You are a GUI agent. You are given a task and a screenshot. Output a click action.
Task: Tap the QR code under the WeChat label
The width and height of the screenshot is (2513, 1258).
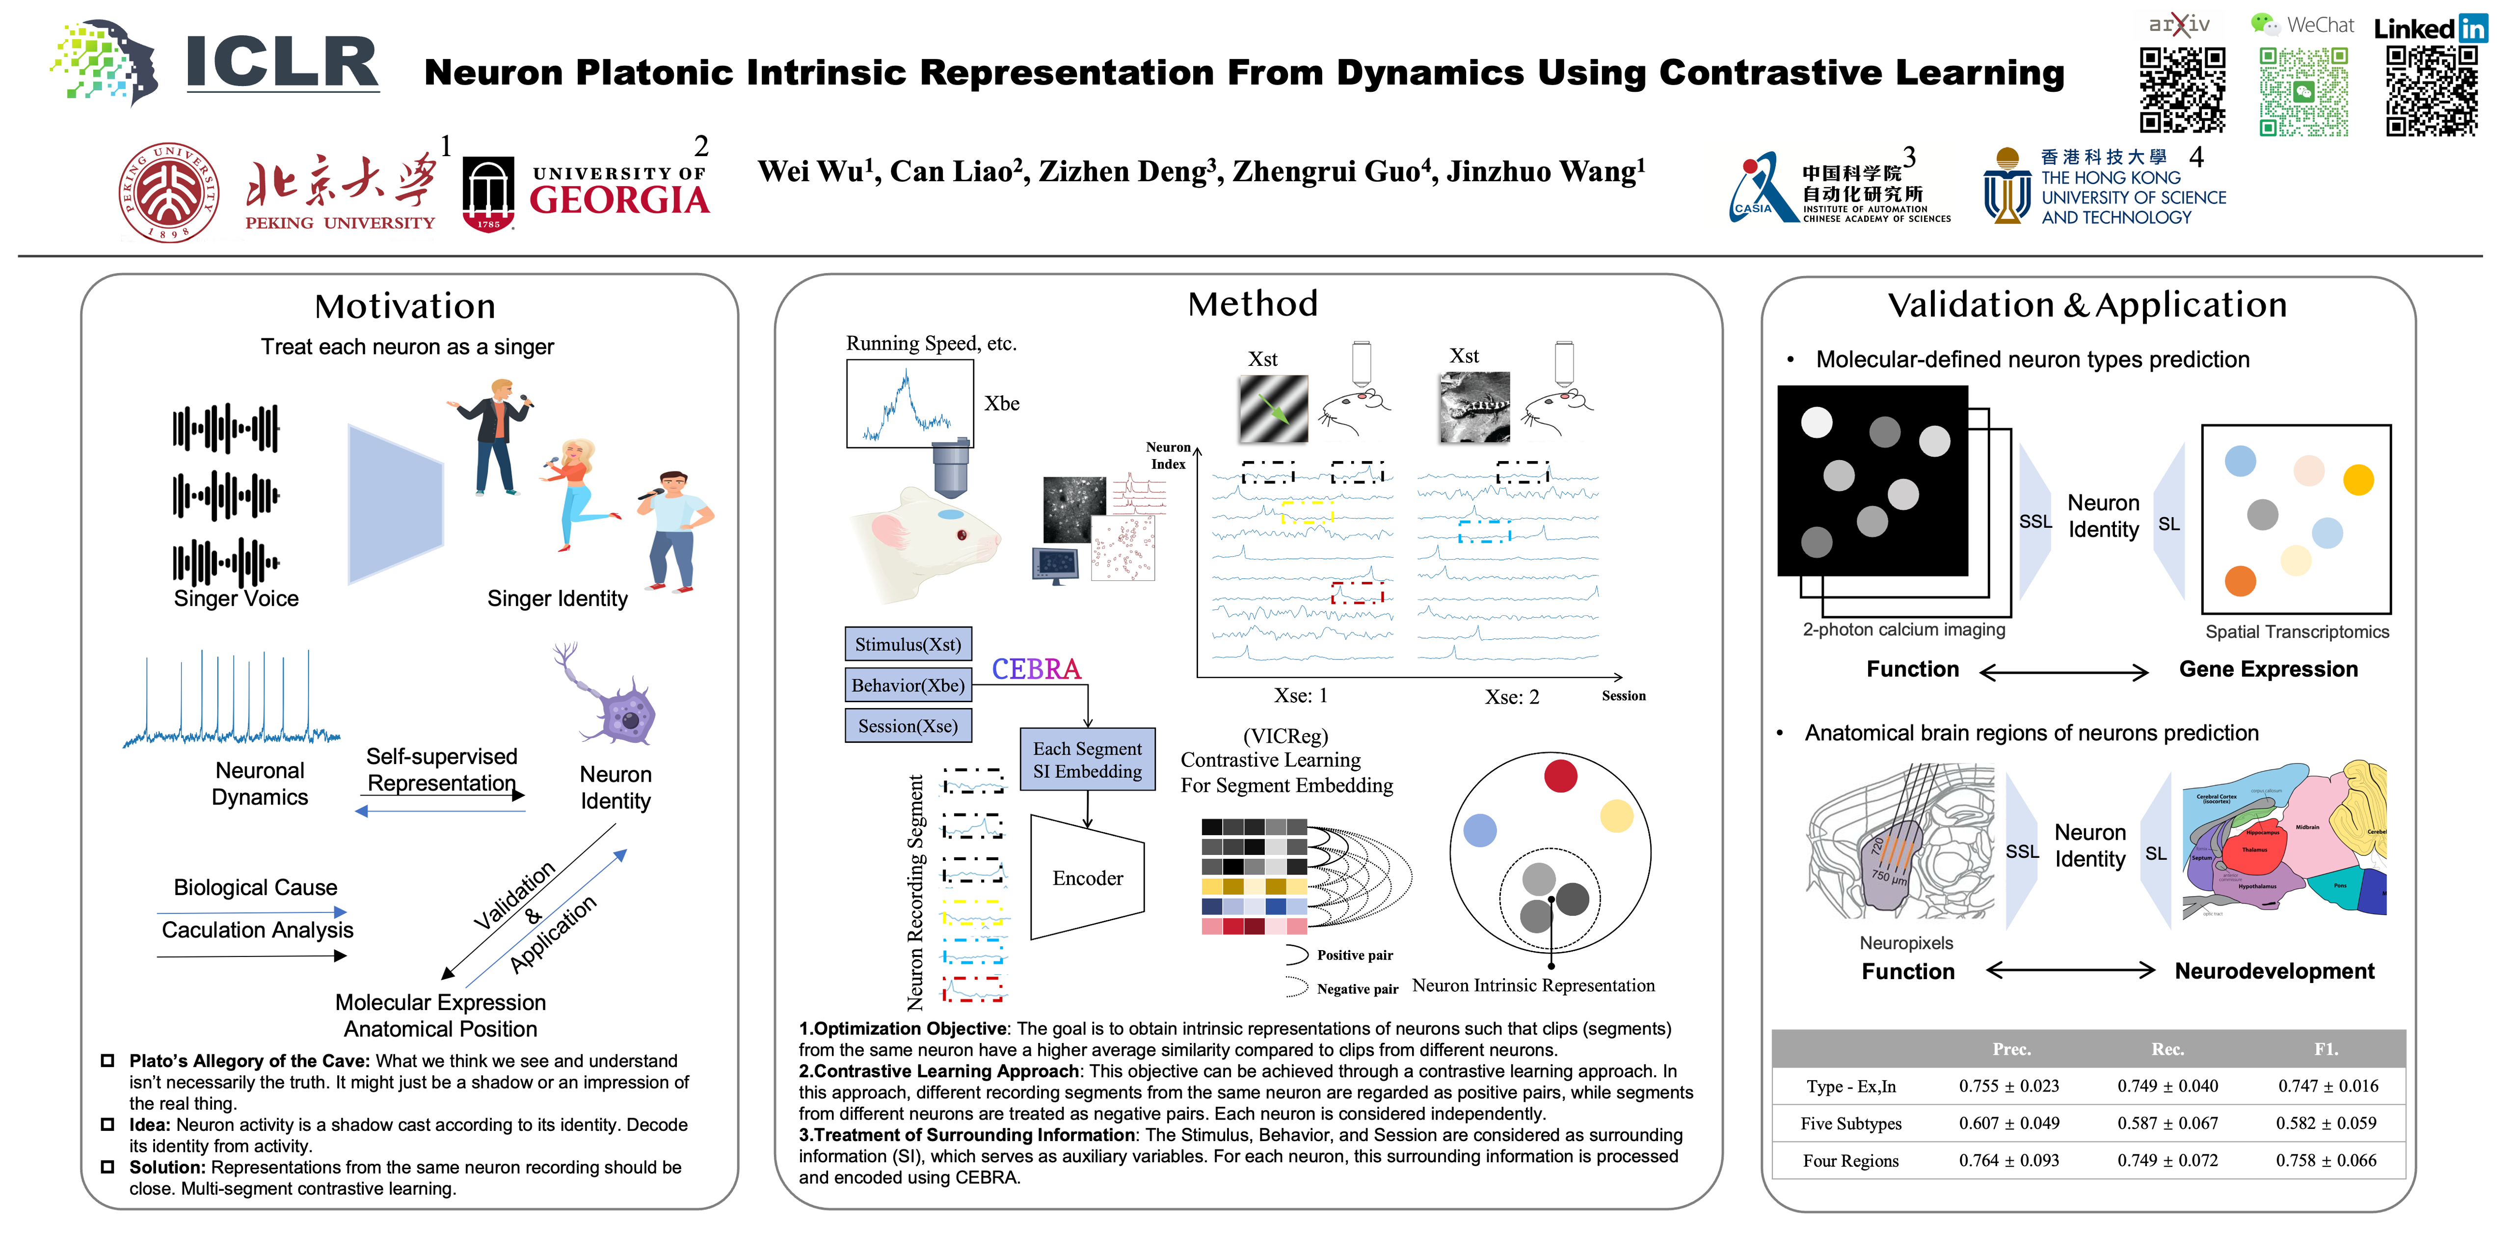pyautogui.click(x=2303, y=92)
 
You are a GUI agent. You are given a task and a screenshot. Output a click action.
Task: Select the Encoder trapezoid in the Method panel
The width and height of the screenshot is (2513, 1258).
pyautogui.click(x=1087, y=877)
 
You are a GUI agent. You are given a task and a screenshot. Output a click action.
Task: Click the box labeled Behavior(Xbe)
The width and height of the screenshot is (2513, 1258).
pyautogui.click(x=907, y=685)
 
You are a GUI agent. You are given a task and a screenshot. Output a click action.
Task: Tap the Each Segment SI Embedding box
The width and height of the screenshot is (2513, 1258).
pyautogui.click(x=1087, y=759)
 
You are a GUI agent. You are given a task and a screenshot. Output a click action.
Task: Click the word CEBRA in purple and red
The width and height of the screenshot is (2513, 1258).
pyautogui.click(x=1036, y=669)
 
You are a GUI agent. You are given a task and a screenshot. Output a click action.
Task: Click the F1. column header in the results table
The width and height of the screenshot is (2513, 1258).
pyautogui.click(x=2326, y=1049)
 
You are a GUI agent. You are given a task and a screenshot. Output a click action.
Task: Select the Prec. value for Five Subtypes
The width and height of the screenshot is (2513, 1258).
pyautogui.click(x=2008, y=1123)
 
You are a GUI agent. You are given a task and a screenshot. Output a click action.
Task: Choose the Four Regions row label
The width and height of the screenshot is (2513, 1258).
pyautogui.click(x=1850, y=1160)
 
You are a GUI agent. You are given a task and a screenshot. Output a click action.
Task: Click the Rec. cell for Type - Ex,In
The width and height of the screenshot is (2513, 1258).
pyautogui.click(x=2167, y=1086)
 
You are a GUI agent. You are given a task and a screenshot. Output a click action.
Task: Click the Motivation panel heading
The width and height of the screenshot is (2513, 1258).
pyautogui.click(x=405, y=306)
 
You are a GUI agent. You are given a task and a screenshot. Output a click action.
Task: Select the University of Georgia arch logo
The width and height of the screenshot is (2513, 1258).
pyautogui.click(x=488, y=194)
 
